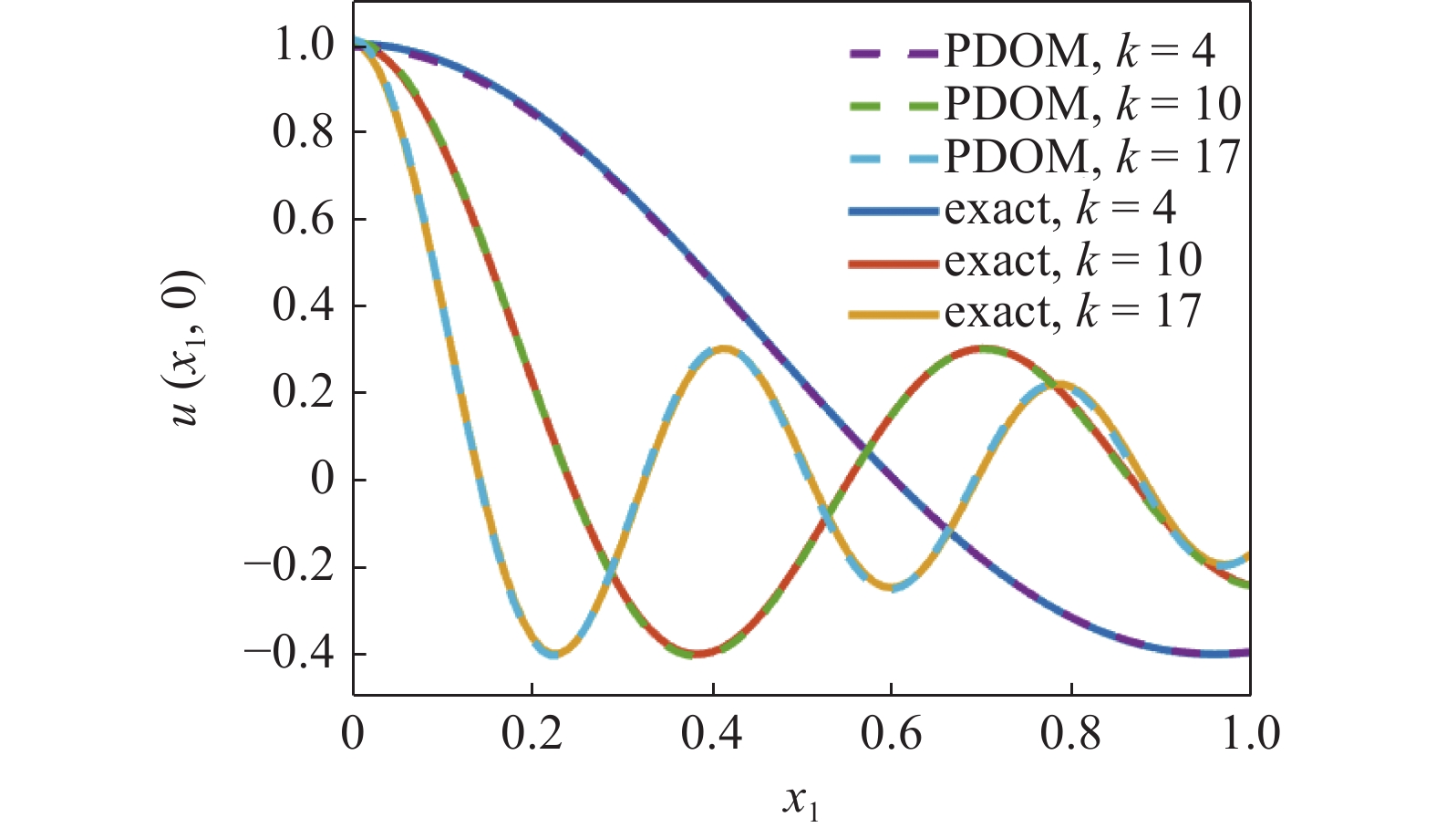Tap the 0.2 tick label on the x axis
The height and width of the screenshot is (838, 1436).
pos(532,734)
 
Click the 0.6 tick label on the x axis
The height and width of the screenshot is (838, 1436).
pos(891,734)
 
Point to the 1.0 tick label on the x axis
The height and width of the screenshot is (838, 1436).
pos(1250,734)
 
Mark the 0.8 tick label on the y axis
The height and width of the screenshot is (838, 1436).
pos(304,132)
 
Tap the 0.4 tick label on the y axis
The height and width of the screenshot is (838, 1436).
pos(304,306)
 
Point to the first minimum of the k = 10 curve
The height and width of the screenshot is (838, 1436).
pos(697,654)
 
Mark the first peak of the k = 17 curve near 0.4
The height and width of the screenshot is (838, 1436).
pos(723,349)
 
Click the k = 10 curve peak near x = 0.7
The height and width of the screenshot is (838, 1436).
pos(982,349)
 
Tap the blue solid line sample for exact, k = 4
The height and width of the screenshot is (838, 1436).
pos(893,211)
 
